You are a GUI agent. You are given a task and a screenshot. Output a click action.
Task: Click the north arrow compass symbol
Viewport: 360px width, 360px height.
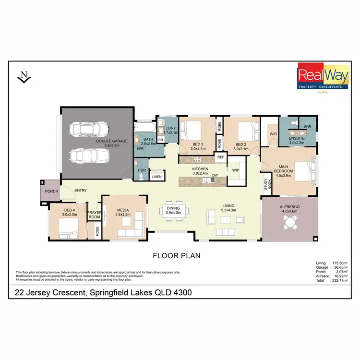(23, 77)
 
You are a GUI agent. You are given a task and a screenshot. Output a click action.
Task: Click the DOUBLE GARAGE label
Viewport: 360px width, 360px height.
(112, 141)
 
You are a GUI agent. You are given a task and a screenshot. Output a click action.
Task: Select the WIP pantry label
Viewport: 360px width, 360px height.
(236, 170)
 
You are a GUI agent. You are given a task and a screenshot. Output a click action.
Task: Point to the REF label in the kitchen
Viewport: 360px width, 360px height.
(221, 157)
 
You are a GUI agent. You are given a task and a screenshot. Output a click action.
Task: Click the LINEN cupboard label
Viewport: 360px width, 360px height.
(156, 177)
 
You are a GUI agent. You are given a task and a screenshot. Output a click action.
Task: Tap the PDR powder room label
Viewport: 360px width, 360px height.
(142, 170)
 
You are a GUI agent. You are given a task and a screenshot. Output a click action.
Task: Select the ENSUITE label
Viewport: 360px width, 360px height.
(297, 139)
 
